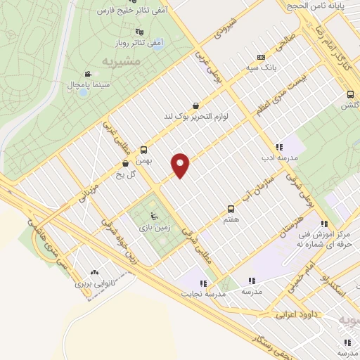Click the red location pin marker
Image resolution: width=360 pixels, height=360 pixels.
point(181,165)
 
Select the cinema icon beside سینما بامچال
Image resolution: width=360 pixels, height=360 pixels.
point(87,74)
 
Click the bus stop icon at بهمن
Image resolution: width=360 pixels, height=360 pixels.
point(143,150)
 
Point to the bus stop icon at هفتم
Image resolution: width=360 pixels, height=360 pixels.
point(231,209)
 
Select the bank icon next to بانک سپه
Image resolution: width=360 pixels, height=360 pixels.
point(262,58)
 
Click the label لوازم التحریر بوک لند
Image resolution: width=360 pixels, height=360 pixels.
point(196,115)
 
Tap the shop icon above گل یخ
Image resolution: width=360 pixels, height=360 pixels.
point(125,164)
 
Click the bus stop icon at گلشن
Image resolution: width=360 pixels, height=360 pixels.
point(350,94)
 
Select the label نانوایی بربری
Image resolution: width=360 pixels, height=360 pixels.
point(95,285)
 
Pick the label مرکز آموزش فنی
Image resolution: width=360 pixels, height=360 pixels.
point(327,231)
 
